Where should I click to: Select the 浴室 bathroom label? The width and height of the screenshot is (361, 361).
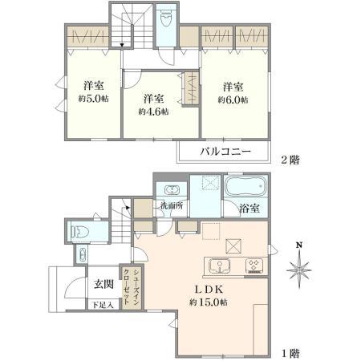click(x=248, y=209)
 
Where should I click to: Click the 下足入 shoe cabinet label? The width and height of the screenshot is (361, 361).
click(x=99, y=305)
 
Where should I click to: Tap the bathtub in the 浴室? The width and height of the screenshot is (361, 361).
click(x=248, y=188)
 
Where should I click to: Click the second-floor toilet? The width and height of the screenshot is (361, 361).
click(x=165, y=18)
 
